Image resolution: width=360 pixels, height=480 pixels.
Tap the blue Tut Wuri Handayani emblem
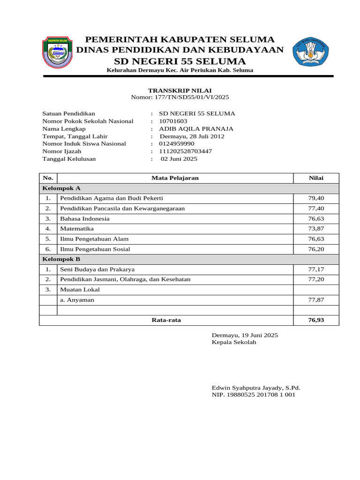pyautogui.click(x=310, y=52)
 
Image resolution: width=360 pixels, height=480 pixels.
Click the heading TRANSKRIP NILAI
pyautogui.click(x=180, y=90)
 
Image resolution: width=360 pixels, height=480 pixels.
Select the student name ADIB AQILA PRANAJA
pyautogui.click(x=196, y=128)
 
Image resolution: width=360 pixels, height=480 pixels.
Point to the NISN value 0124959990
pyautogui.click(x=176, y=143)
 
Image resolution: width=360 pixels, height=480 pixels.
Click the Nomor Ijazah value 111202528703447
pyautogui.click(x=186, y=151)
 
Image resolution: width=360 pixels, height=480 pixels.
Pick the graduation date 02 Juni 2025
pyautogui.click(x=179, y=159)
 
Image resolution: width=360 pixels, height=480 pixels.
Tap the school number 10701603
pyautogui.click(x=173, y=121)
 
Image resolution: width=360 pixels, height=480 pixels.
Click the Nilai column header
pyautogui.click(x=316, y=178)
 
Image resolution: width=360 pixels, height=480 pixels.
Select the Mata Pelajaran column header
pyautogui.click(x=175, y=178)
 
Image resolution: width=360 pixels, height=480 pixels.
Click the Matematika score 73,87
pyautogui.click(x=316, y=229)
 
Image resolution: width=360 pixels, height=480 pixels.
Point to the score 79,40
pyautogui.click(x=316, y=198)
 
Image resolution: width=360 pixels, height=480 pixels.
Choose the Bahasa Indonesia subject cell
pyautogui.click(x=85, y=218)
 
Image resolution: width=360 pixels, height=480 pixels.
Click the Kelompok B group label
pyautogui.click(x=61, y=259)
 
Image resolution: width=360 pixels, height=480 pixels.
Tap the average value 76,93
pyautogui.click(x=316, y=320)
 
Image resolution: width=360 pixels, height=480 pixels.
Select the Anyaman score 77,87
pyautogui.click(x=316, y=300)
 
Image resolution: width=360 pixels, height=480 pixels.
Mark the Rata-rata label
pyautogui.click(x=166, y=320)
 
